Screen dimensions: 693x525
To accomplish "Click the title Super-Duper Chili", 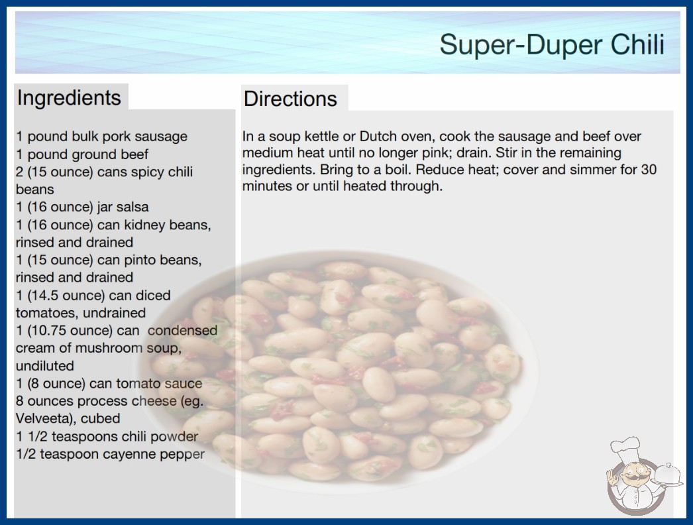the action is click(552, 44).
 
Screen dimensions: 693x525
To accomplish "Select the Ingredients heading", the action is click(69, 97).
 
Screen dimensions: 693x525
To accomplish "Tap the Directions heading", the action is click(290, 99).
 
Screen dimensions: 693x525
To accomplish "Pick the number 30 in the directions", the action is click(649, 170).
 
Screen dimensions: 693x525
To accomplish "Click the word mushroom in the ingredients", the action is click(109, 348).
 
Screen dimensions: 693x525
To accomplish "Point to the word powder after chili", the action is click(174, 437).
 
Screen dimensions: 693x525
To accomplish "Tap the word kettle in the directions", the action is click(318, 137).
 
